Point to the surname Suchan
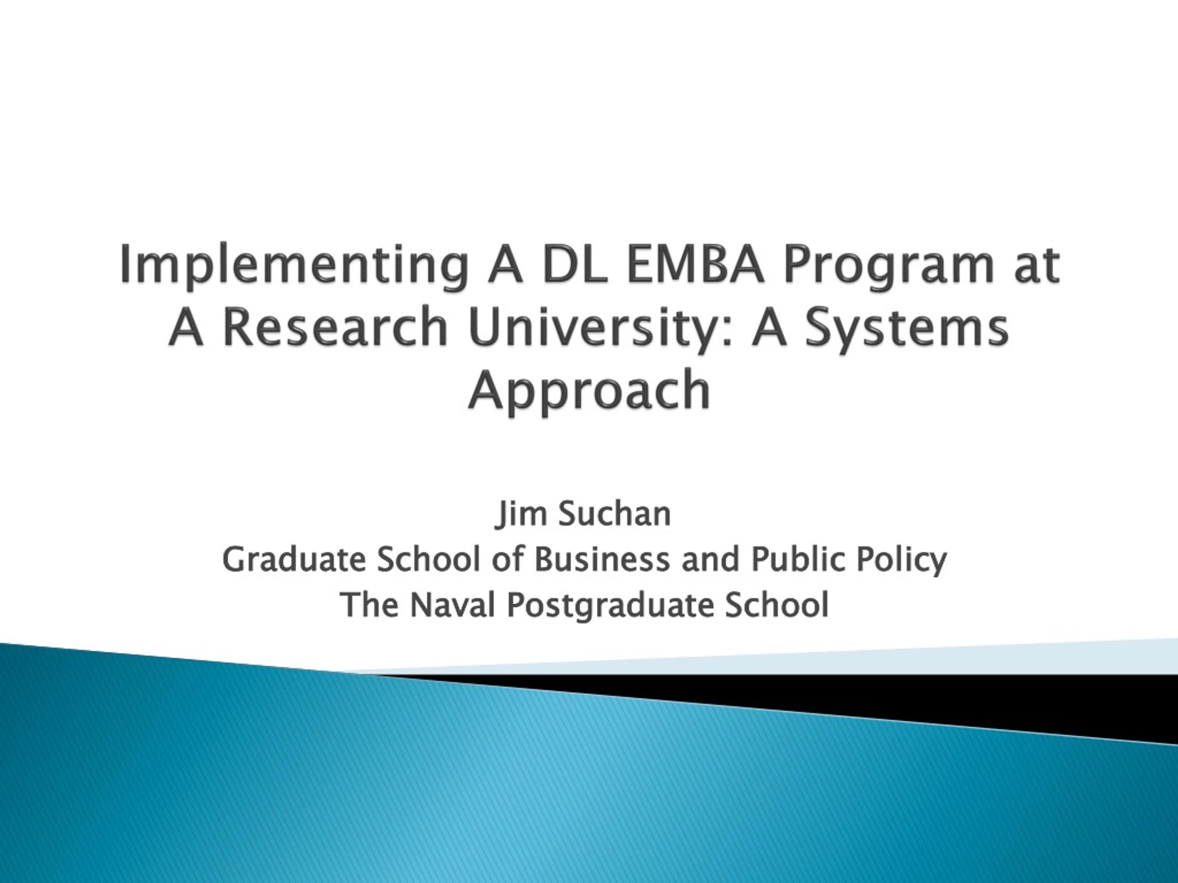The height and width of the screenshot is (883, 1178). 614,514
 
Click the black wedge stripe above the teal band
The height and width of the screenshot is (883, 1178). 799,697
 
